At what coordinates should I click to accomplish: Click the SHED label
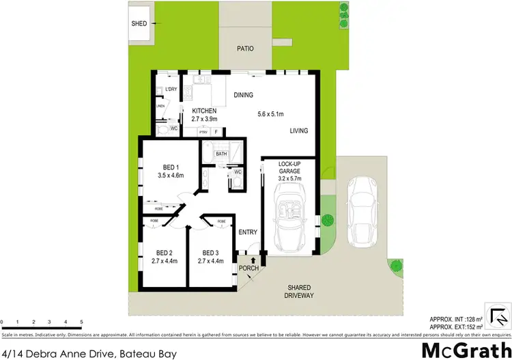[139, 24]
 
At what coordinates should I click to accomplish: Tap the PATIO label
[245, 49]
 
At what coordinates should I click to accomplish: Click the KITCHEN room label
[204, 111]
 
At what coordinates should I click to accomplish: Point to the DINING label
[244, 95]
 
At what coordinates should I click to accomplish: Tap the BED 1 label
[171, 167]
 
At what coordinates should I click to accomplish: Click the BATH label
[221, 154]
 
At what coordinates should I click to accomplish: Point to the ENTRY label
[248, 232]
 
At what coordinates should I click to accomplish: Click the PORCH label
[249, 268]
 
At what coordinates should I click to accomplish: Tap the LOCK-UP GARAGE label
[290, 168]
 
